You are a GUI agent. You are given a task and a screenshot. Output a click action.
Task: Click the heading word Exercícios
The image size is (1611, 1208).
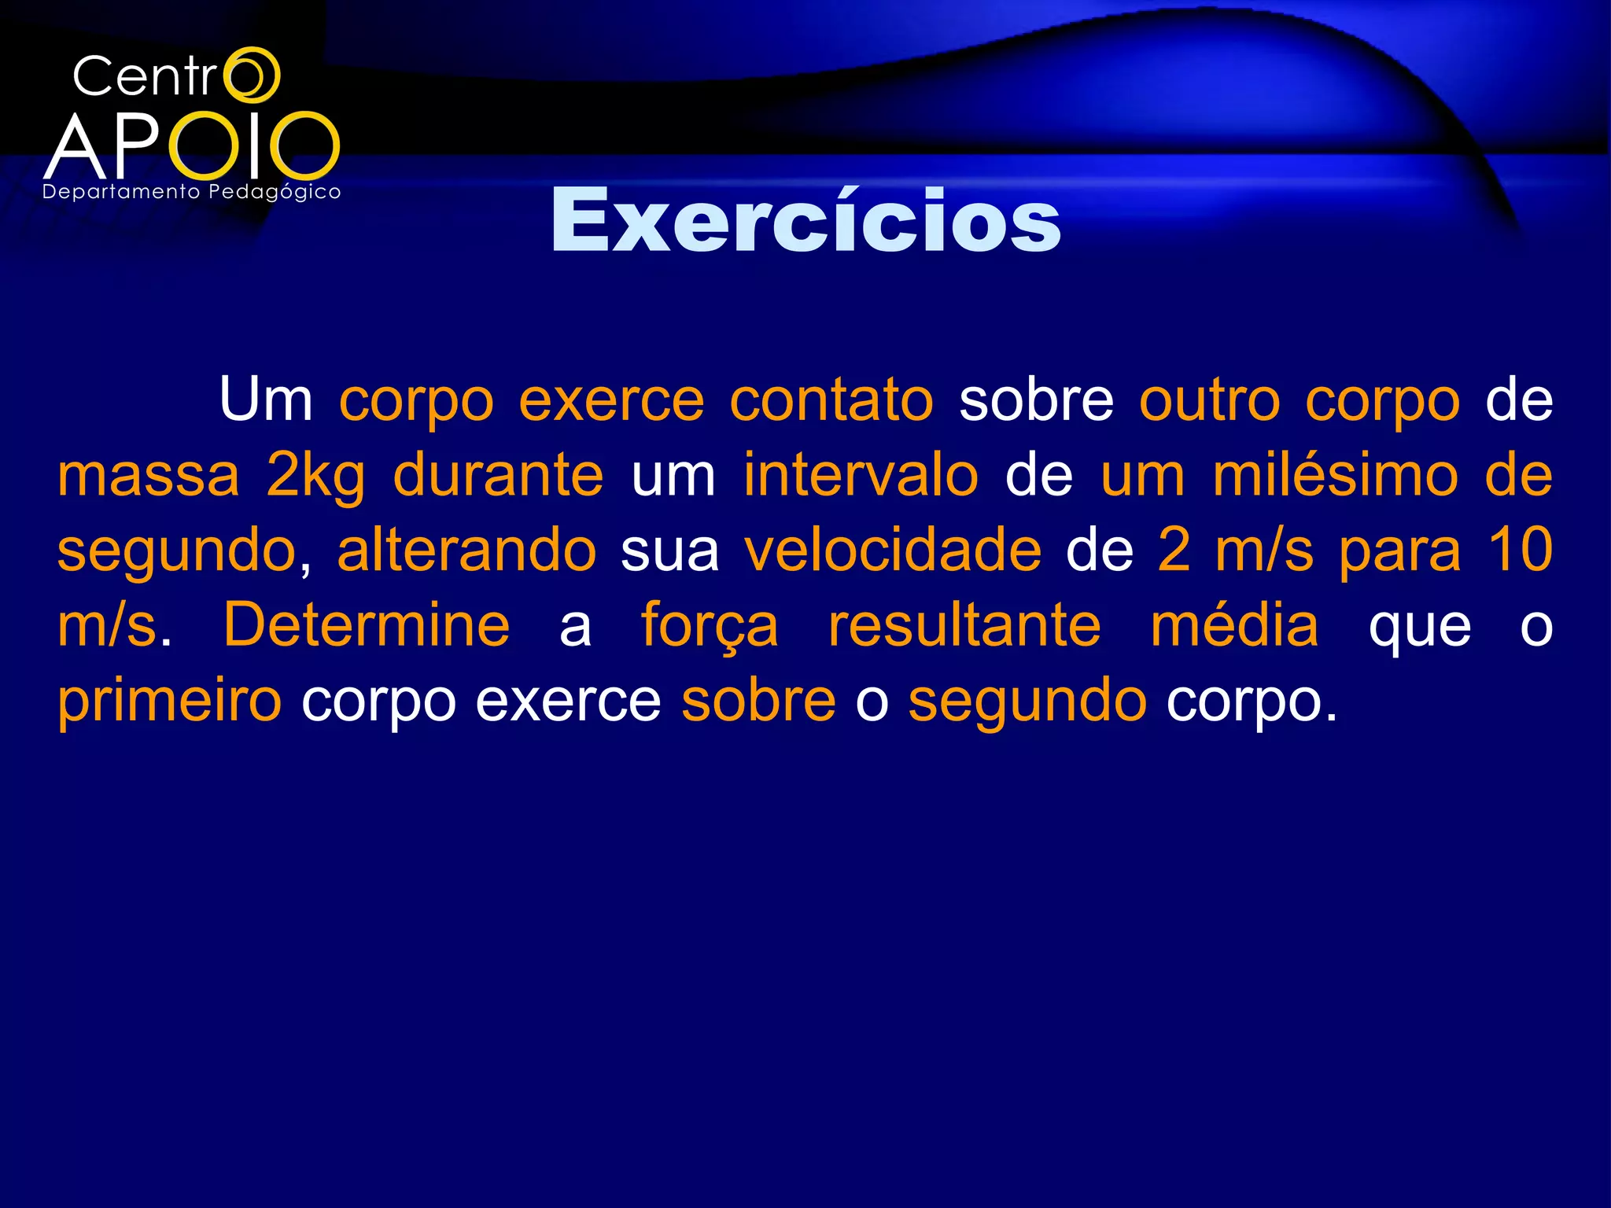point(805,221)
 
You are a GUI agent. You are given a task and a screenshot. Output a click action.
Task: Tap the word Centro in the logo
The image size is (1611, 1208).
point(175,76)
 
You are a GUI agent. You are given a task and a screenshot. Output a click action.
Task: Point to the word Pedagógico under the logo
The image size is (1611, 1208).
point(275,193)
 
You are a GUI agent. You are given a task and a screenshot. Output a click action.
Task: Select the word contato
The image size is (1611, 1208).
point(831,400)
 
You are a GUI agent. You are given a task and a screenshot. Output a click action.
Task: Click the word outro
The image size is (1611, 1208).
point(1210,400)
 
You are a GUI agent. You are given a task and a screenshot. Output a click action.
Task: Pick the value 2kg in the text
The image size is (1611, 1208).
point(315,476)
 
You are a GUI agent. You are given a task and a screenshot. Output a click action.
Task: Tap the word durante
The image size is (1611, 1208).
point(498,476)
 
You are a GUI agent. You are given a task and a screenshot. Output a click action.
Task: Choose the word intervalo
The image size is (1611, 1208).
point(861,476)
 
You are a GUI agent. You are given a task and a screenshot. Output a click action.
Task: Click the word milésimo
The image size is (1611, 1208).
point(1335,476)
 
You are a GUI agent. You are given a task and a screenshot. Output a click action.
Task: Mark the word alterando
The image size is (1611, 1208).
point(466,551)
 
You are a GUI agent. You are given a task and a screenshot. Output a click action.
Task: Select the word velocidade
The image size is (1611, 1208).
point(893,551)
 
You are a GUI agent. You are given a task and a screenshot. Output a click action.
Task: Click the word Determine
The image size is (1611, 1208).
point(367,625)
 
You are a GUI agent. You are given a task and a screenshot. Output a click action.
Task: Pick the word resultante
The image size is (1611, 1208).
point(964,625)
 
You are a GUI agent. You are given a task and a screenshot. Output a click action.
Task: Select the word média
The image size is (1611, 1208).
point(1234,625)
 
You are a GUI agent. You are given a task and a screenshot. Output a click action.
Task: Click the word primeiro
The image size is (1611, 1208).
point(169,700)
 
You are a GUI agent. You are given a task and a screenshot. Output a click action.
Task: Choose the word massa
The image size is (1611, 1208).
point(148,476)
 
